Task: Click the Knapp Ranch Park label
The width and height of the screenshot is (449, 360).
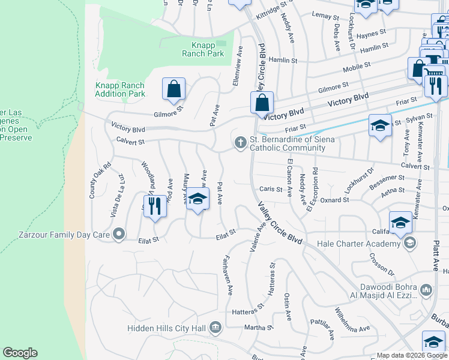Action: pos(203,49)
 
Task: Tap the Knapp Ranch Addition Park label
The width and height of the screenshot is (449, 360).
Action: pos(120,89)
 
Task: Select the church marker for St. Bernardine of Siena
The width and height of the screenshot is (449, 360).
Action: pos(240,142)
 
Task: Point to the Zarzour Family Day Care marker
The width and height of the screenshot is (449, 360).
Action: pos(119,233)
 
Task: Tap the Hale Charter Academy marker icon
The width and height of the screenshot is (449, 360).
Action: pos(410,243)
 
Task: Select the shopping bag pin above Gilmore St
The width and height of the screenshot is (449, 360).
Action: pos(173,89)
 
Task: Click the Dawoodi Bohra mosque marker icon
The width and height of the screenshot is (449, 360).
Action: pos(426,290)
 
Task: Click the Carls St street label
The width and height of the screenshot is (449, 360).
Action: pos(271,189)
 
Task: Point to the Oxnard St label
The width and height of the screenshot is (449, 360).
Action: pos(334,200)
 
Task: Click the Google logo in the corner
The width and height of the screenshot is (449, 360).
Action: pos(20,353)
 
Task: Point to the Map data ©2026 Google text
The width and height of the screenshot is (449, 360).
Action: pos(411,355)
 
